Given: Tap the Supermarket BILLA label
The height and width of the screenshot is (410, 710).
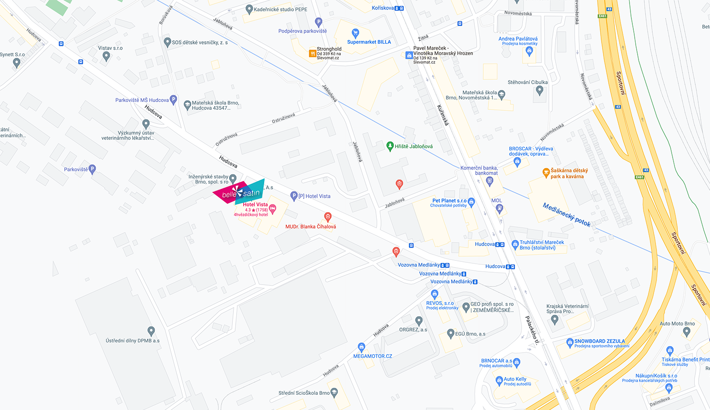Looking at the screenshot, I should (x=369, y=42).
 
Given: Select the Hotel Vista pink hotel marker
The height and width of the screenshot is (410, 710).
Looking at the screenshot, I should (x=273, y=209).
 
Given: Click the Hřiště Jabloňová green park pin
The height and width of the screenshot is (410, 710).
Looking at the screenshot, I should (x=390, y=146).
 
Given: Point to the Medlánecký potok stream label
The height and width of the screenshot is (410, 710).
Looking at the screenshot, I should (x=567, y=214).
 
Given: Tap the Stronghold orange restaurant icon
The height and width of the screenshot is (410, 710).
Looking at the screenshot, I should (x=312, y=53).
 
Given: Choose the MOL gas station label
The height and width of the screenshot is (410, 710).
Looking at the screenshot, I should (x=497, y=200).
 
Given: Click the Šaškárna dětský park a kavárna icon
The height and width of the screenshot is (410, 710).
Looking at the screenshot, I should (x=546, y=173).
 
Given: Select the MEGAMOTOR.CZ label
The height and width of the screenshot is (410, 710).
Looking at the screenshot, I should (x=373, y=356).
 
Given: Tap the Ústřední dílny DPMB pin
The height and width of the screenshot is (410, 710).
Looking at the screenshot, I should (x=151, y=331).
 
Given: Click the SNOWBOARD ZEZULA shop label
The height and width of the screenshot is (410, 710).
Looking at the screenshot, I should (x=599, y=341).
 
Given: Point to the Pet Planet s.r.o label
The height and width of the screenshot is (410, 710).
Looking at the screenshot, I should (x=449, y=201).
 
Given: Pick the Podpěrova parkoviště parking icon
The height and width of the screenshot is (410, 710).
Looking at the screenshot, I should (x=319, y=22).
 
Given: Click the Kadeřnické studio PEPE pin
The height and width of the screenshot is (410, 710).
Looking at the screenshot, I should (x=249, y=9).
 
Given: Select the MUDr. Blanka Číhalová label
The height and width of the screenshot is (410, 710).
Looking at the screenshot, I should (x=311, y=227).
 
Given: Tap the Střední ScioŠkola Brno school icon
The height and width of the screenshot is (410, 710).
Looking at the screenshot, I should (x=334, y=392).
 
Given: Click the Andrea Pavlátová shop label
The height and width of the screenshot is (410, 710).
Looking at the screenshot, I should (x=518, y=39).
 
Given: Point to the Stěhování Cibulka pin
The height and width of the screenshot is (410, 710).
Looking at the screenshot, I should (x=539, y=90).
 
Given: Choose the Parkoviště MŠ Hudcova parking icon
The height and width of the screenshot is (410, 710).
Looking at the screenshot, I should (x=173, y=100).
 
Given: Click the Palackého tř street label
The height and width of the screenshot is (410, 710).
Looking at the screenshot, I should (x=532, y=330).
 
